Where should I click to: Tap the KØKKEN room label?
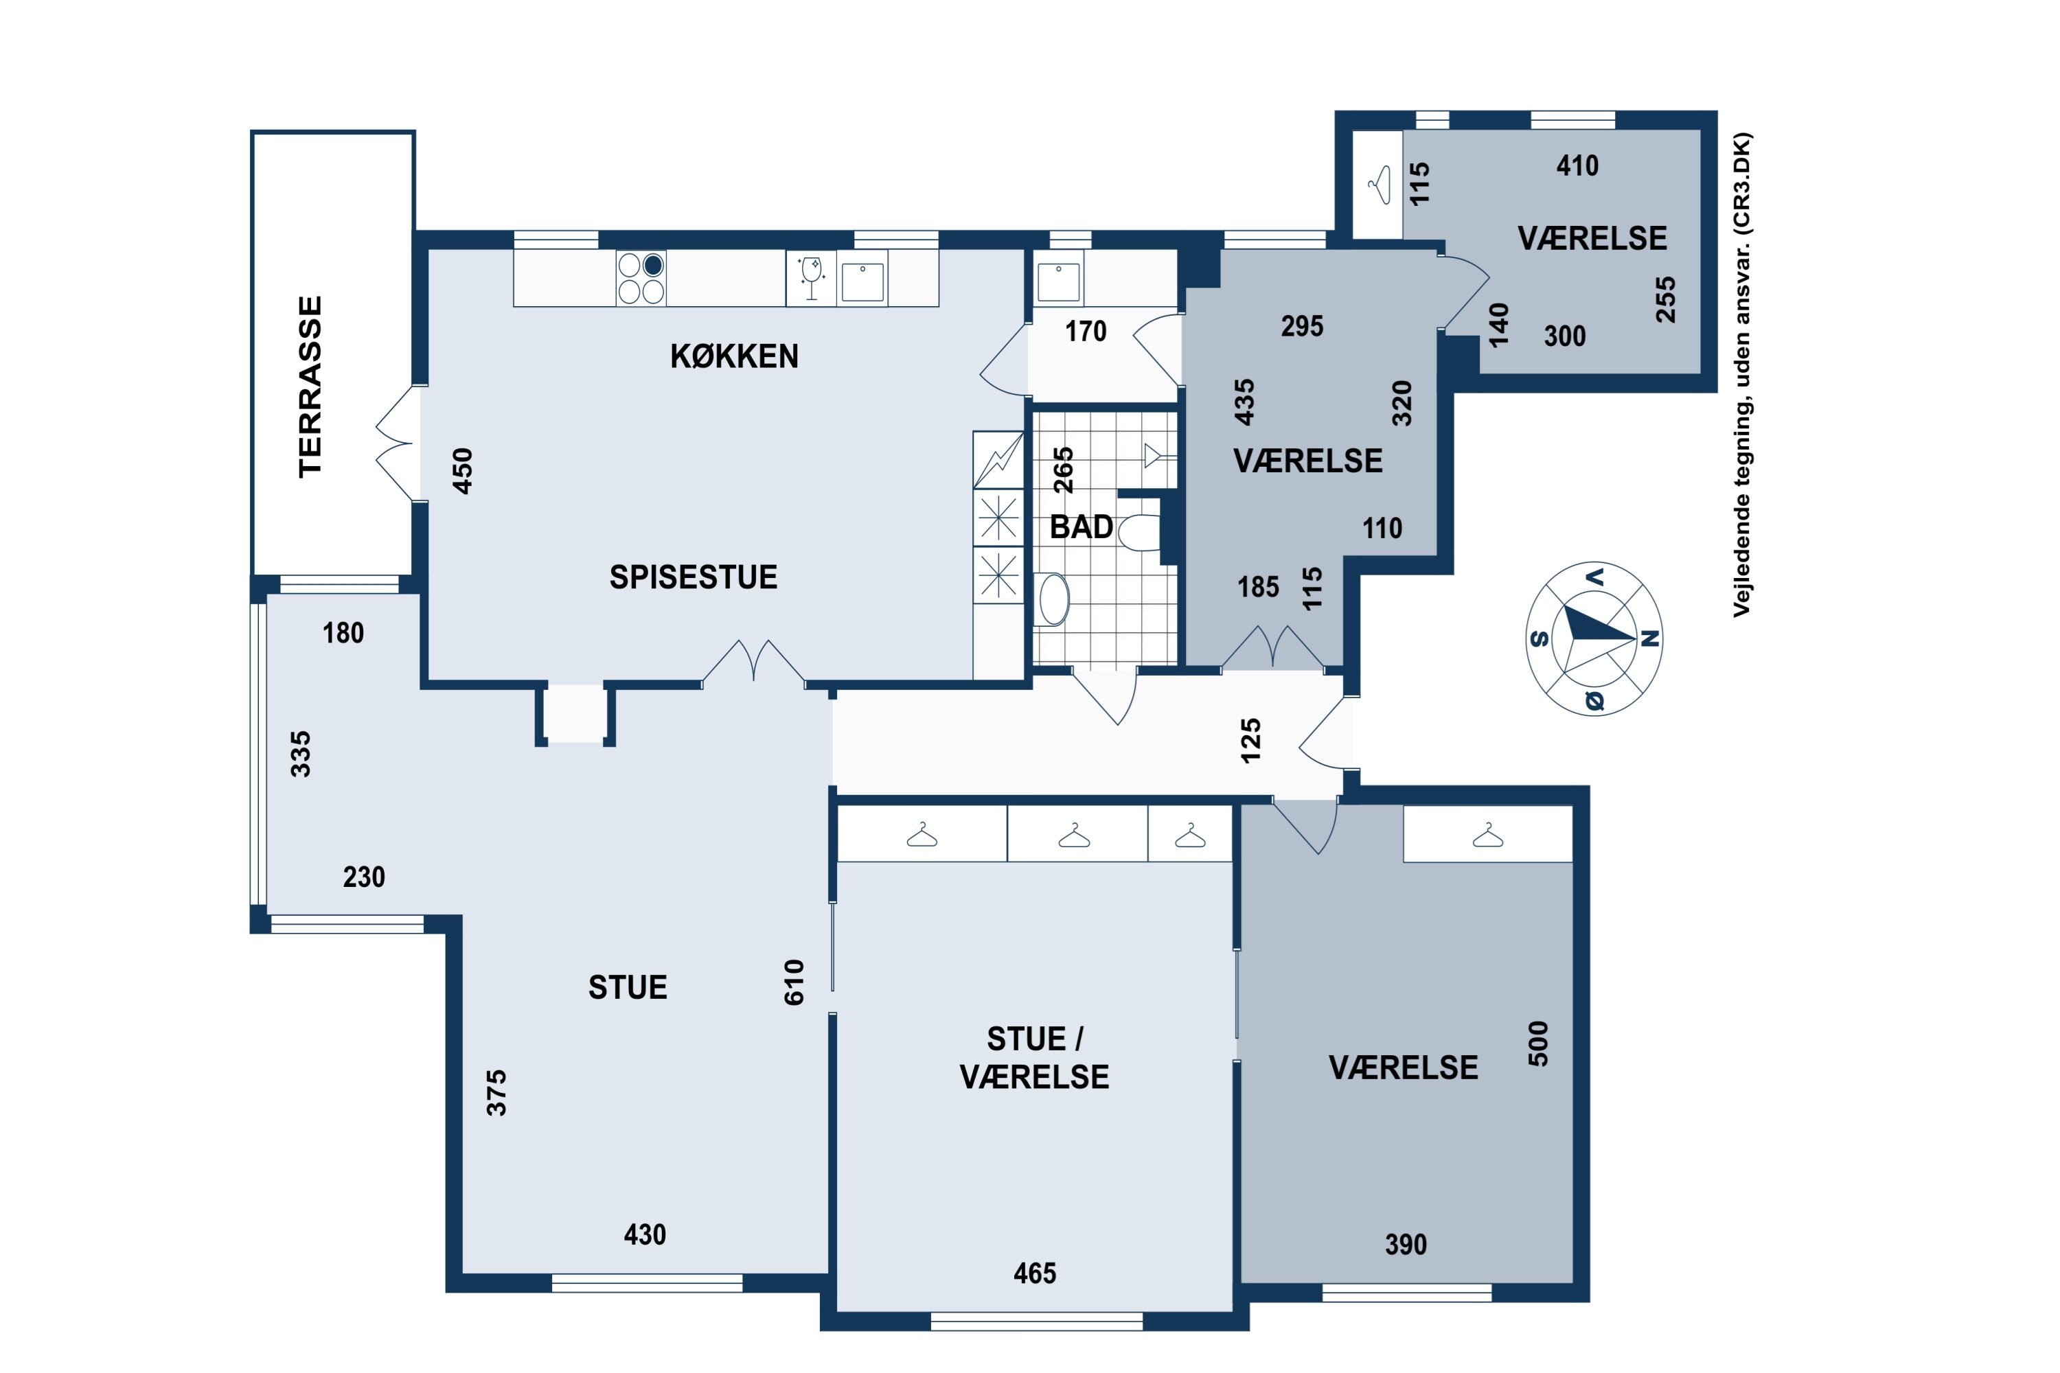734,356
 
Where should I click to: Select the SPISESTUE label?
694,577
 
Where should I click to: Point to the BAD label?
1081,527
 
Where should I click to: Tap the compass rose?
1594,638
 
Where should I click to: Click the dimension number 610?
794,982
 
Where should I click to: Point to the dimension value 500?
1538,1043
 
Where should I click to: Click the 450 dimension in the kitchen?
461,471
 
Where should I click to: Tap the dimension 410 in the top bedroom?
1577,165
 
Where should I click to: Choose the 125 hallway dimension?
1250,740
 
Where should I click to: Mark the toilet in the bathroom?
1138,533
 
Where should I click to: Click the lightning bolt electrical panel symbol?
998,460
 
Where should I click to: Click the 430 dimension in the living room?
645,1234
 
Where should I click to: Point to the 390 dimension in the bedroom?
1406,1244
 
